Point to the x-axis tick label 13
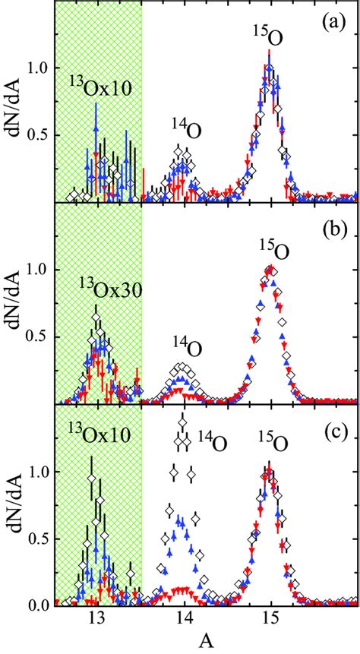coord(96,617)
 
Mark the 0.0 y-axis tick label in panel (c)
coord(35,605)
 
